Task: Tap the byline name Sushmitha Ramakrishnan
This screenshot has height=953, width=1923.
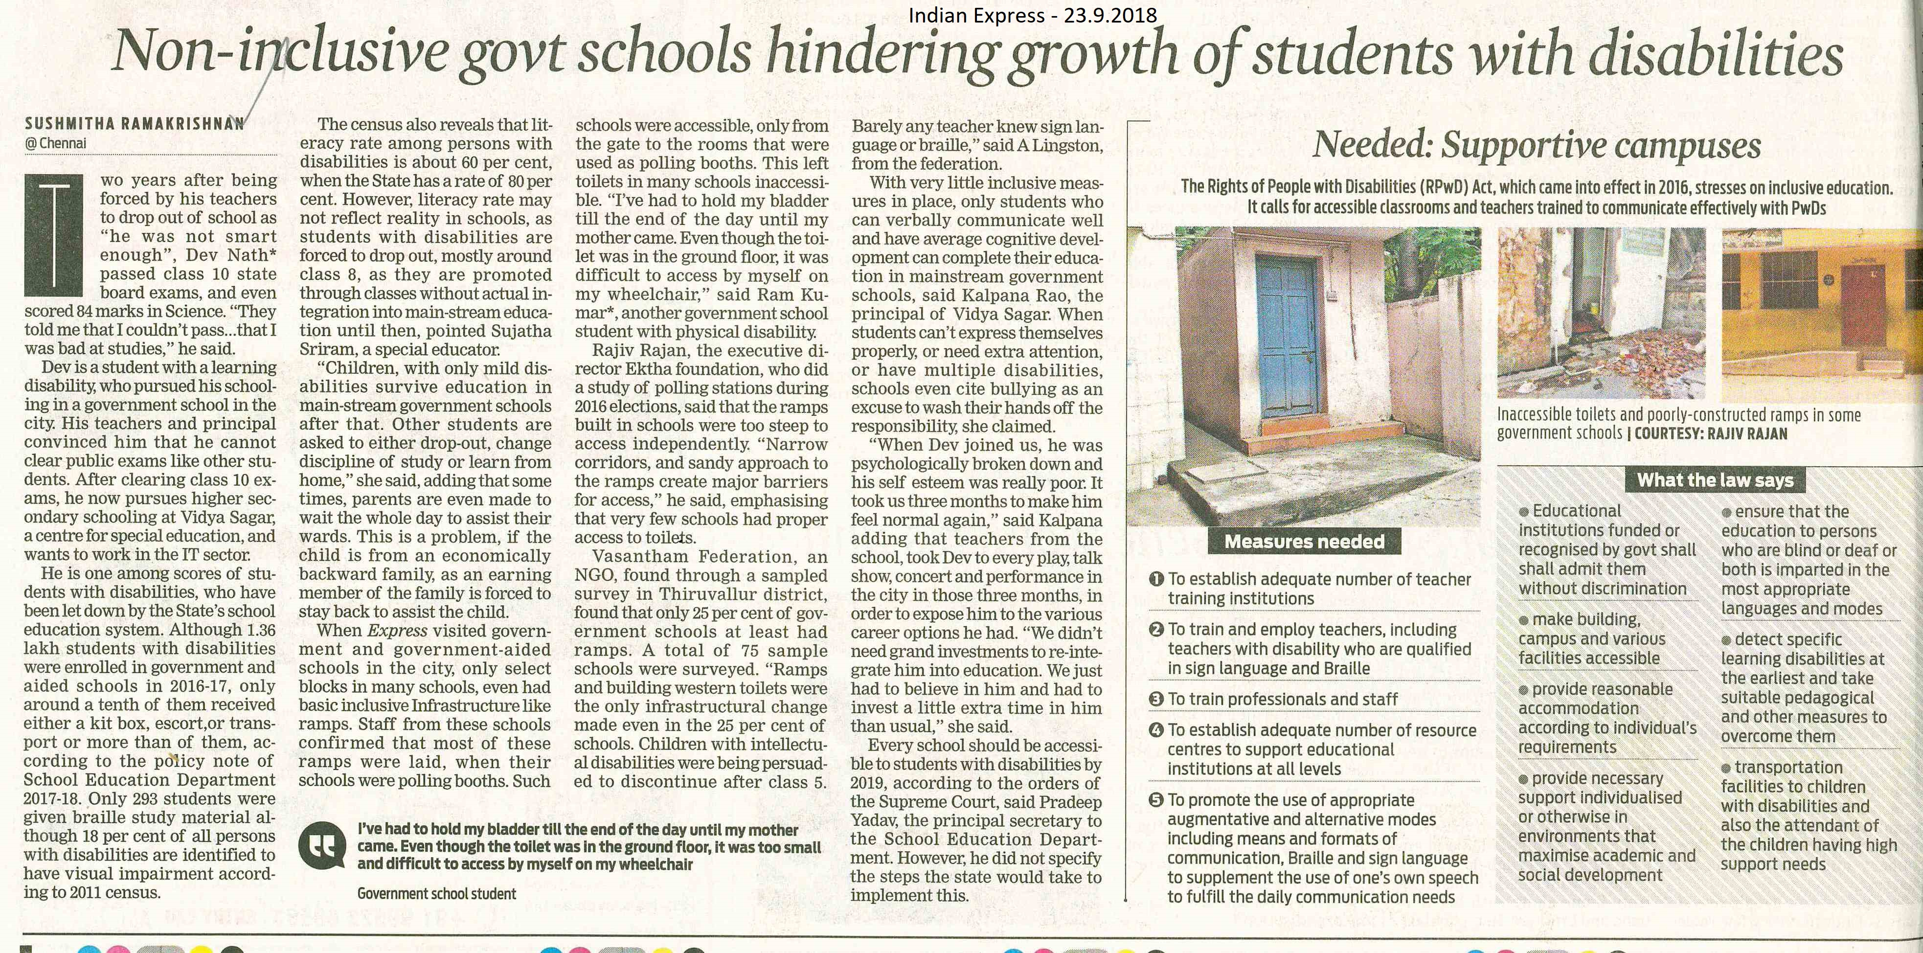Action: pyautogui.click(x=135, y=123)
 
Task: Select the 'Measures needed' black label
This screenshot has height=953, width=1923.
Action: pyautogui.click(x=1304, y=542)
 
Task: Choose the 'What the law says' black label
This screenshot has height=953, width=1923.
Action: pyautogui.click(x=1715, y=480)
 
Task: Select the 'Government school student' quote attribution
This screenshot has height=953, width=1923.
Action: pyautogui.click(x=437, y=893)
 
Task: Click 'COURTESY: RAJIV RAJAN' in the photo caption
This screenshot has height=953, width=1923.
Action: pyautogui.click(x=1710, y=433)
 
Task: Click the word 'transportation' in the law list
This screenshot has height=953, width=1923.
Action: pyautogui.click(x=1788, y=767)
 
